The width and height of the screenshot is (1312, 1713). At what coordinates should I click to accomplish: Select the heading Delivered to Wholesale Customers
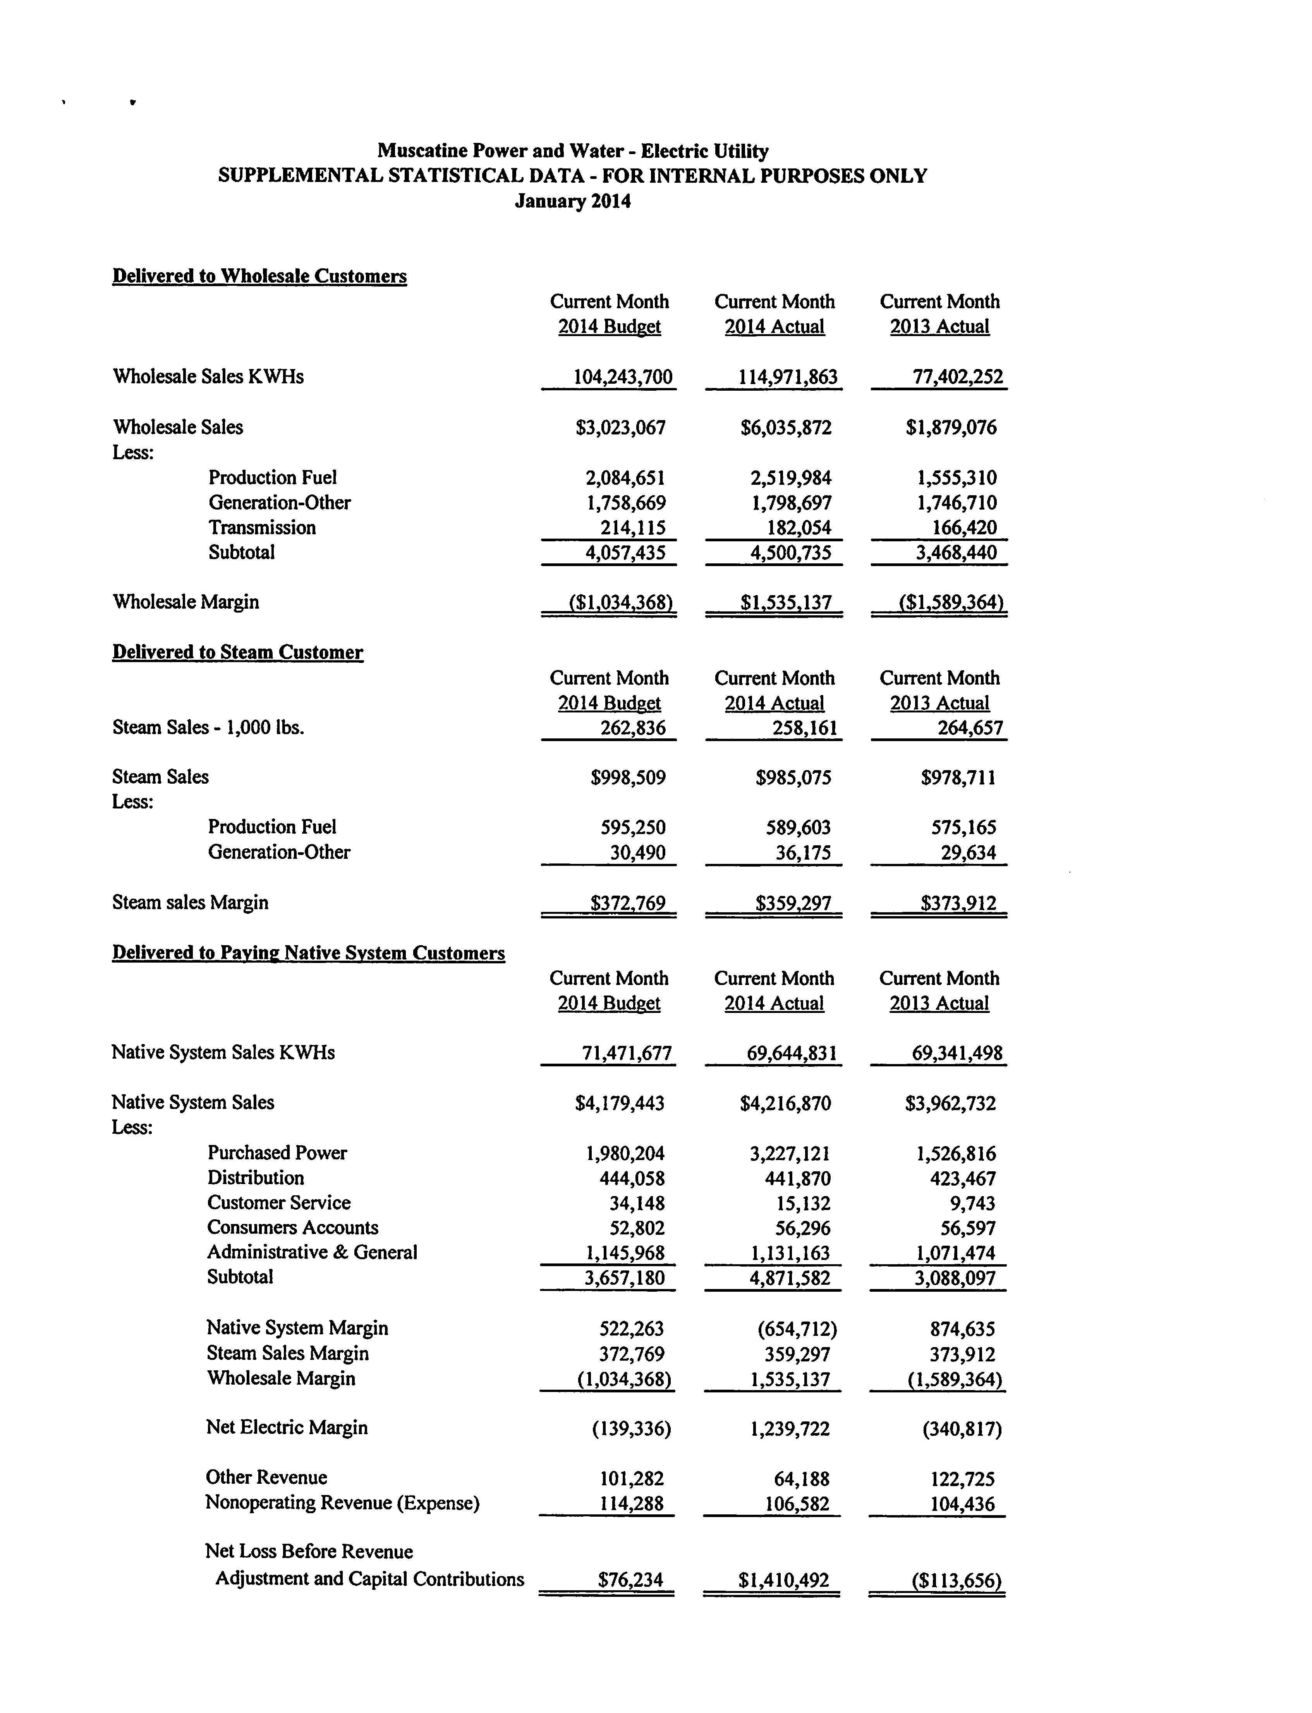pos(259,276)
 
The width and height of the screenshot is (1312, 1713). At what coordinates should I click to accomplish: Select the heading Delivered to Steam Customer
pos(237,653)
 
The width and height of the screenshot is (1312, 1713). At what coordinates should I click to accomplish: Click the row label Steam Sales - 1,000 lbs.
pos(208,728)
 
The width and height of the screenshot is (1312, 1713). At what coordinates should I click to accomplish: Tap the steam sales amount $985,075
pos(793,778)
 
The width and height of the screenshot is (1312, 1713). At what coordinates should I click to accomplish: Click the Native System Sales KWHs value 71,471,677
pos(627,1053)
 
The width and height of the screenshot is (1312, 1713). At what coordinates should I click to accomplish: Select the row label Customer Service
pos(279,1203)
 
